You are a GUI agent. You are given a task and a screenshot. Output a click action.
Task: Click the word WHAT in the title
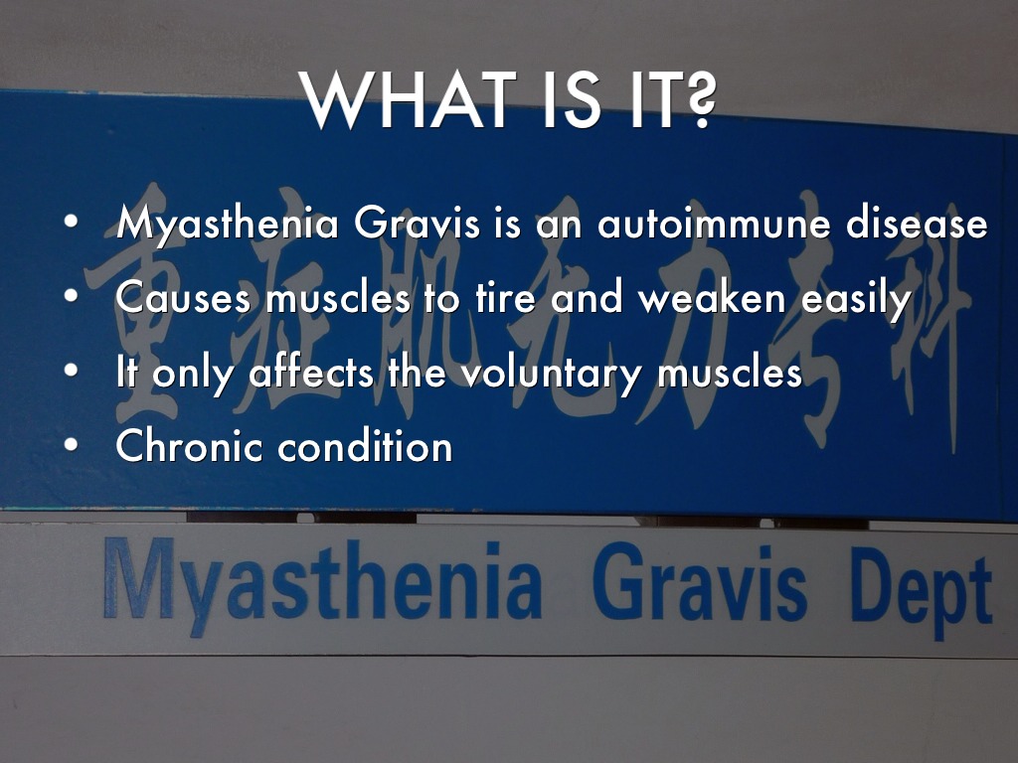[408, 100]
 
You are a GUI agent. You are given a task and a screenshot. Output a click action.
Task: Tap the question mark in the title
[695, 100]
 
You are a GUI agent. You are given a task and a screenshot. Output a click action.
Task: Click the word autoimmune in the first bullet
[714, 223]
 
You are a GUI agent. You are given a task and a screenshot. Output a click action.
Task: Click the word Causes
[183, 298]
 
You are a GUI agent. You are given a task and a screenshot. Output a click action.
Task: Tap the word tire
[506, 297]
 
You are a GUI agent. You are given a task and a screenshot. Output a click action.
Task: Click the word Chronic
[189, 446]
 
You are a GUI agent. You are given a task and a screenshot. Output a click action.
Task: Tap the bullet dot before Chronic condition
[72, 445]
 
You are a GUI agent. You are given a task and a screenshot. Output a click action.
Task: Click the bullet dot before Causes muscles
[72, 296]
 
